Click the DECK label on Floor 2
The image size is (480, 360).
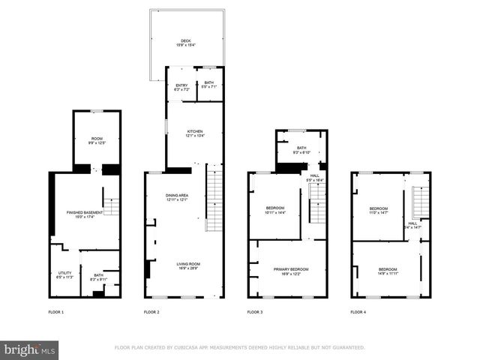click(x=185, y=43)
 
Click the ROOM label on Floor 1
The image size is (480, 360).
click(x=97, y=139)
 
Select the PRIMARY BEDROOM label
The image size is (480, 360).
click(x=289, y=271)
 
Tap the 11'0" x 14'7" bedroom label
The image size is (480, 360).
click(x=379, y=210)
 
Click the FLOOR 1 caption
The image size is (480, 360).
click(x=57, y=311)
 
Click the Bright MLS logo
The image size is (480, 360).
click(x=30, y=349)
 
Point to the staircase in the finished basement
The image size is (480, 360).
click(x=111, y=206)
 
